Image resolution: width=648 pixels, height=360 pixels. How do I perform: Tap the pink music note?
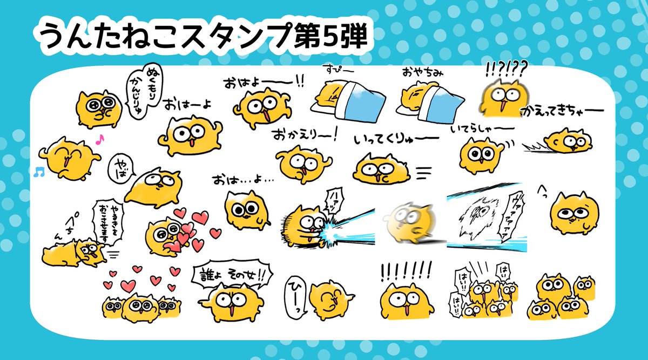point(98,139)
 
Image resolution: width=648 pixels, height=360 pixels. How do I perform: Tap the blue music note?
point(37,172)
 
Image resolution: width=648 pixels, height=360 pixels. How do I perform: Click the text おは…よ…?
point(243,179)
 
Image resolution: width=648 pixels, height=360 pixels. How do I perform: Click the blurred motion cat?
point(406,221)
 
